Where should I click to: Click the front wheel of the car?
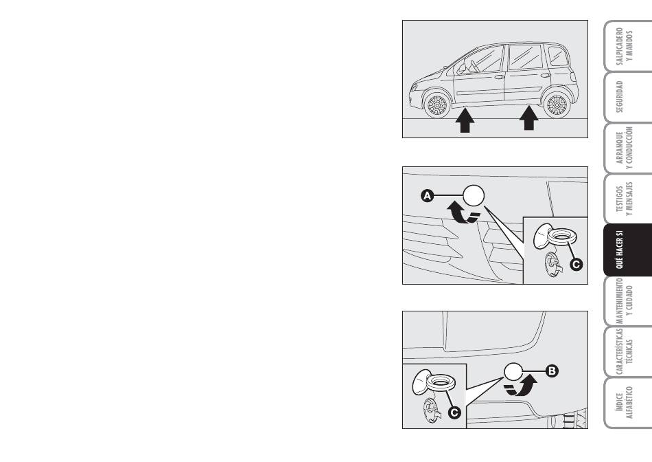point(436,105)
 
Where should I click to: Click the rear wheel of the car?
point(557,105)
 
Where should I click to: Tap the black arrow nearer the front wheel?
point(465,120)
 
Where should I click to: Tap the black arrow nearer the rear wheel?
point(529,118)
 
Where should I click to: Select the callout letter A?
point(427,195)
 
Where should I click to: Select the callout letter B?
point(552,371)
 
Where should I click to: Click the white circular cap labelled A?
point(474,195)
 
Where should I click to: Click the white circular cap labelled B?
point(513,371)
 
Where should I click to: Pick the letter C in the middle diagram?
point(577,264)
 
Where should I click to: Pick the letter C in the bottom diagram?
point(454,412)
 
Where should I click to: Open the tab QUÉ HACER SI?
point(628,250)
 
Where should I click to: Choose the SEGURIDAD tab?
point(628,97)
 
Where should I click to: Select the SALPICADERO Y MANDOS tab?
point(628,46)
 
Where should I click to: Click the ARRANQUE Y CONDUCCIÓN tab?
point(628,148)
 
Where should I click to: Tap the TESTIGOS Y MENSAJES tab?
point(628,199)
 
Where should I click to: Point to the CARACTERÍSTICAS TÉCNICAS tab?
point(628,351)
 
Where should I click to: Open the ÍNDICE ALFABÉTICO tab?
point(628,403)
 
